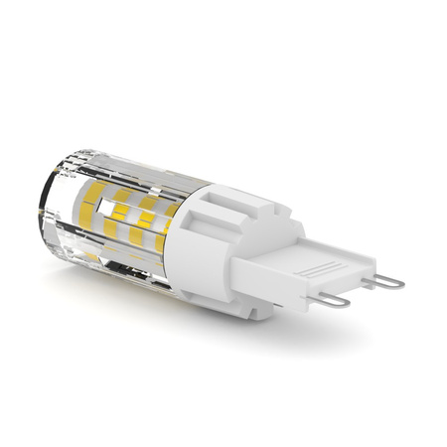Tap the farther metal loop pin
[387, 282]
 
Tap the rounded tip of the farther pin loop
[400, 283]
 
